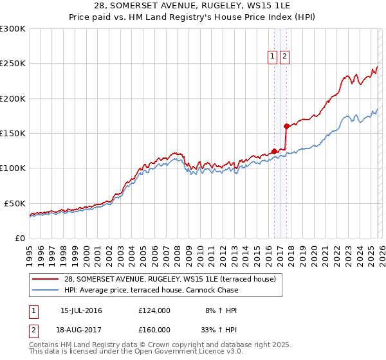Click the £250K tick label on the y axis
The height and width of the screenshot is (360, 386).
tap(13, 64)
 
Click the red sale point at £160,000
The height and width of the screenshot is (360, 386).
tap(286, 126)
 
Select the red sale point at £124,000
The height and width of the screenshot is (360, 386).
tap(274, 151)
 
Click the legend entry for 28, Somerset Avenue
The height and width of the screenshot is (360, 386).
tap(170, 279)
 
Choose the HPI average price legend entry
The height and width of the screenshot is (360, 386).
tap(151, 290)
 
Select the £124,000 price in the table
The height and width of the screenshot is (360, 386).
tap(154, 310)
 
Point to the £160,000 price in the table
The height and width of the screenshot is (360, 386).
tap(154, 329)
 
